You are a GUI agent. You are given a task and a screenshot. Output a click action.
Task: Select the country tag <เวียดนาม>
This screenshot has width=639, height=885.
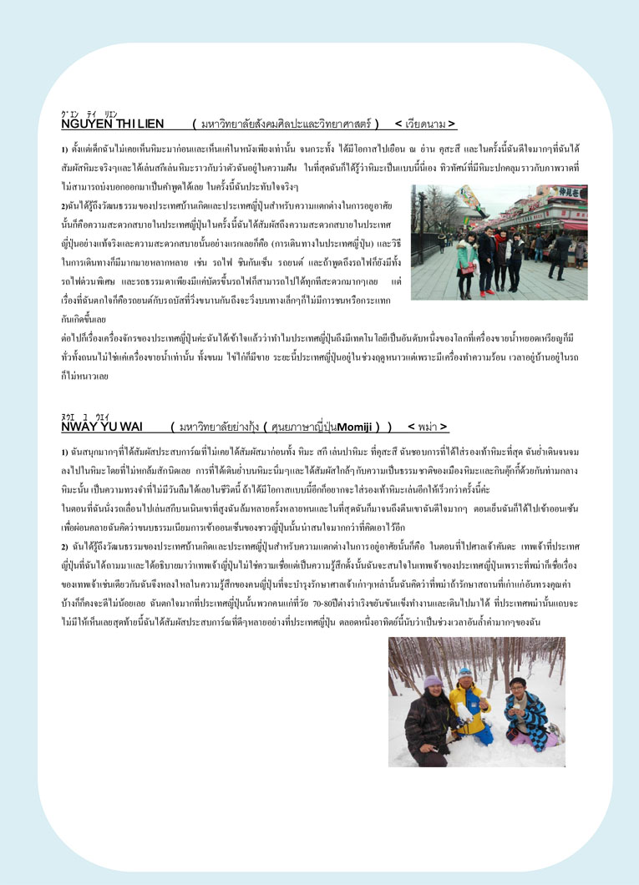point(425,124)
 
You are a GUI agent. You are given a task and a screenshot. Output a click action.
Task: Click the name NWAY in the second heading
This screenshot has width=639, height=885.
point(79,427)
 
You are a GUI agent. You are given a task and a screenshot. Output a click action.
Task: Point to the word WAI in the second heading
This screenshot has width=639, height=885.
point(129,427)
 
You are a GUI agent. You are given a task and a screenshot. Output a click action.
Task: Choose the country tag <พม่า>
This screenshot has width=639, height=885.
point(428,427)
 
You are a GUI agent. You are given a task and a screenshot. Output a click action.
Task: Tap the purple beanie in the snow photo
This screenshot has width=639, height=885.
point(432,682)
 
